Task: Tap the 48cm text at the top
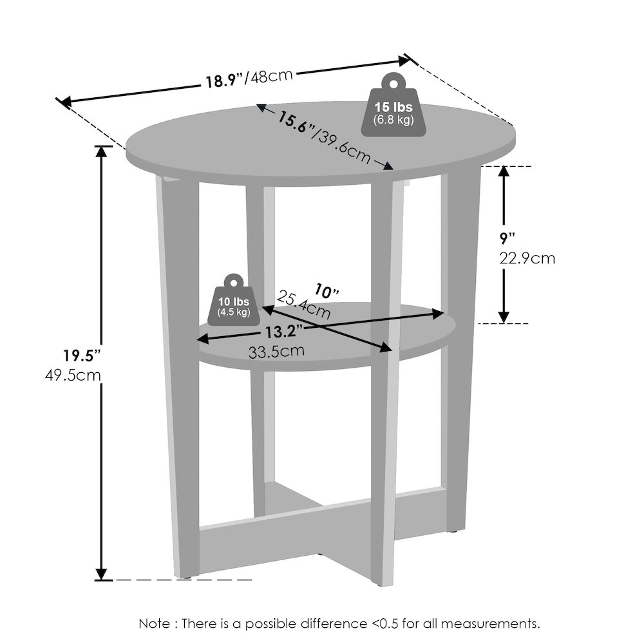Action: [272, 75]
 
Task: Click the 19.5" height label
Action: [82, 355]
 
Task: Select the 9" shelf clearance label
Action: [507, 238]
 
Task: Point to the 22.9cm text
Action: [527, 259]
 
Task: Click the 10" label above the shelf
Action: [327, 292]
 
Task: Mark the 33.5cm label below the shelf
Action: [276, 352]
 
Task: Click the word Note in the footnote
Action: [155, 623]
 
